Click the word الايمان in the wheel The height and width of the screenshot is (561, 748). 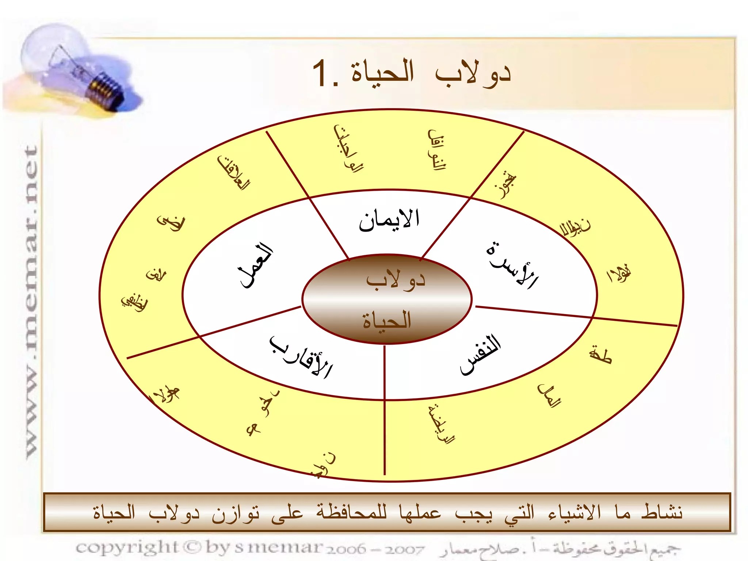coord(389,220)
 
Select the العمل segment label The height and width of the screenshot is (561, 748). coord(256,266)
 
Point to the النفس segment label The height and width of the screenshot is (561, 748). coord(480,354)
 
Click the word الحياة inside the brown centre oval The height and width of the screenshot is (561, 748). coord(387,321)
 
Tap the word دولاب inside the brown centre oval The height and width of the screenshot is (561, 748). coord(396,280)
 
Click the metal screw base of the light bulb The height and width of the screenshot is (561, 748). coord(106,89)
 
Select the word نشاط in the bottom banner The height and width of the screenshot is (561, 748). coord(661,512)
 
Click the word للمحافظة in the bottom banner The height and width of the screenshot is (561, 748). coord(351,512)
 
